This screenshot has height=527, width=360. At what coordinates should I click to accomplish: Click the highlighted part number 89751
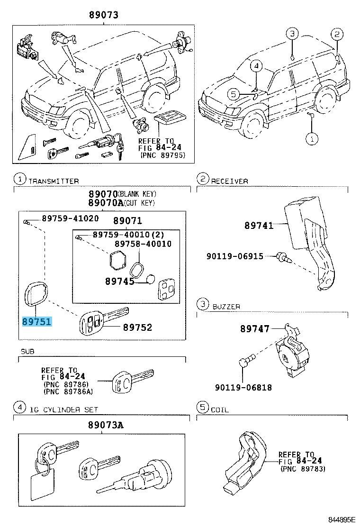click(x=36, y=321)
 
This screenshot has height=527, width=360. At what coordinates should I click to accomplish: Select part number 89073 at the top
click(x=103, y=15)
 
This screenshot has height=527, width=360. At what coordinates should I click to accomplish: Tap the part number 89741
click(x=259, y=226)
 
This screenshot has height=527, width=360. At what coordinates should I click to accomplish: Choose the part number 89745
click(x=119, y=281)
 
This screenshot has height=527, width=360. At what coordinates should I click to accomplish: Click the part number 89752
click(x=137, y=327)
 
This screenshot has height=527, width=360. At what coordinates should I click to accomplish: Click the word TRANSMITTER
click(x=54, y=181)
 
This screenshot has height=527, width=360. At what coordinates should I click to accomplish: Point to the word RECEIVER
click(x=229, y=181)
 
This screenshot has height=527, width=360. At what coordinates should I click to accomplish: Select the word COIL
click(x=219, y=409)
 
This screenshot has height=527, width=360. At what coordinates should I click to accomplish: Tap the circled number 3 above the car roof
click(x=292, y=34)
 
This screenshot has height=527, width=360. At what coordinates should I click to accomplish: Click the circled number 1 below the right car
click(x=311, y=139)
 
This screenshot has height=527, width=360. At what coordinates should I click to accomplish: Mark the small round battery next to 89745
click(x=150, y=280)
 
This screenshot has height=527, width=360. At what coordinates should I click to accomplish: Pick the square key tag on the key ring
click(x=43, y=485)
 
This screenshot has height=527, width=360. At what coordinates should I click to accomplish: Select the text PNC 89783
click(x=301, y=469)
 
